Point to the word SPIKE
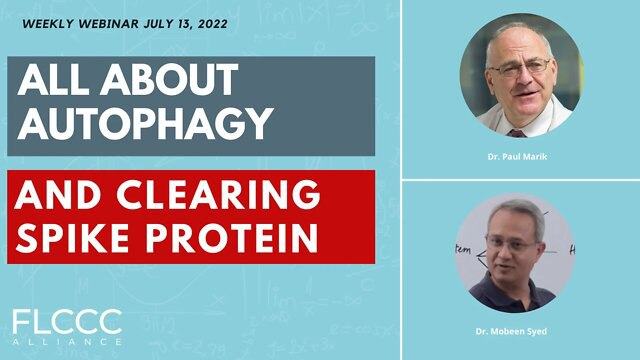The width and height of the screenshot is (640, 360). pyautogui.click(x=80, y=237)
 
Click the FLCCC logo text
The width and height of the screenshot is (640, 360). pyautogui.click(x=69, y=322)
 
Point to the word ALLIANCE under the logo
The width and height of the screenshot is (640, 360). pyautogui.click(x=69, y=343)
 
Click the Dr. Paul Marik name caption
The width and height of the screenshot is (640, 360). pyautogui.click(x=519, y=158)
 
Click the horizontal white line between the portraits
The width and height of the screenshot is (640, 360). pyautogui.click(x=520, y=180)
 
